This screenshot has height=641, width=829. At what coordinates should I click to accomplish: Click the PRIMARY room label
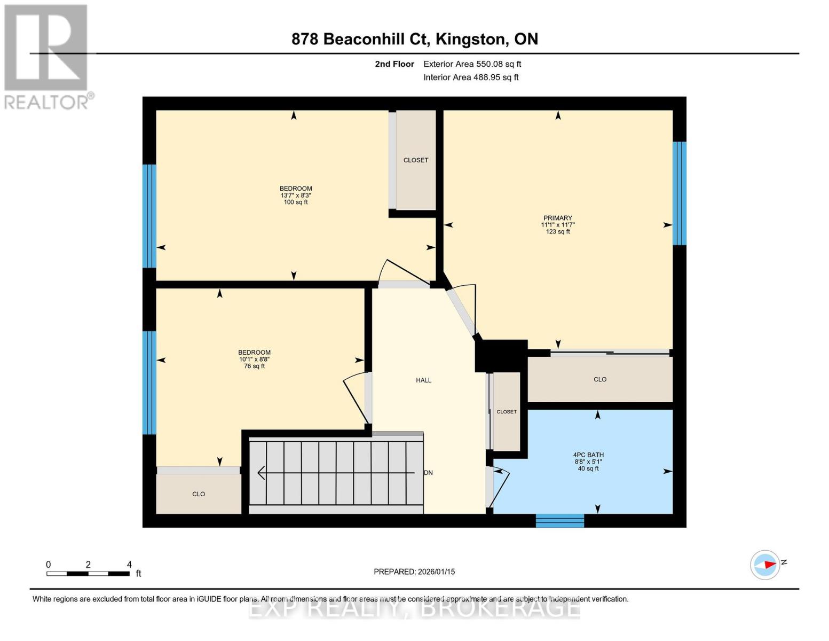[x=557, y=218]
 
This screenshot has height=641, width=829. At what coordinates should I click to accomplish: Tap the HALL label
[x=423, y=380]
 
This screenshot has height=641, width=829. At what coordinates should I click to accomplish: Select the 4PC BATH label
[x=588, y=455]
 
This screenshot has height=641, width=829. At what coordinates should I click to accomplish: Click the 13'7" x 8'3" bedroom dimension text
[x=296, y=195]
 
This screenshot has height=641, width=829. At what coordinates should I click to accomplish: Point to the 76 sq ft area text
[x=254, y=366]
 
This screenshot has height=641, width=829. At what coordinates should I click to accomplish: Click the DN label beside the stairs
[x=429, y=473]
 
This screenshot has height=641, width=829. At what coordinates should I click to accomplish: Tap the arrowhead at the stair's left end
[x=262, y=473]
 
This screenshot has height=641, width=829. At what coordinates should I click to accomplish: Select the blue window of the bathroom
[x=559, y=520]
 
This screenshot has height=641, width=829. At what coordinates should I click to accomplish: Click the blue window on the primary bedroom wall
[x=679, y=193]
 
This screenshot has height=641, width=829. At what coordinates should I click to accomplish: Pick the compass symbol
[x=764, y=565]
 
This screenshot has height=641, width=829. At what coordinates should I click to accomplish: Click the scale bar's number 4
[x=129, y=564]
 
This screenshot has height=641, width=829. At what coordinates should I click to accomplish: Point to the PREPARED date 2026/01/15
[x=437, y=572]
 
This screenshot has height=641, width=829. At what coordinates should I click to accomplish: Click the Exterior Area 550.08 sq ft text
[x=472, y=64]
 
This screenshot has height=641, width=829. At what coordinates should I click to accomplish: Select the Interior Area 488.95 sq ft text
[x=471, y=77]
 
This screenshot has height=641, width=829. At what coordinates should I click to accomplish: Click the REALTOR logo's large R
[x=46, y=48]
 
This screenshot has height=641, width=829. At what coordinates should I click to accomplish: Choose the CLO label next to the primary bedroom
[x=599, y=379]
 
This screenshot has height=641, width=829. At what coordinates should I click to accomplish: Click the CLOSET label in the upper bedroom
[x=416, y=160]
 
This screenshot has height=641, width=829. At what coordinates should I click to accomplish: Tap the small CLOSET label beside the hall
[x=507, y=412]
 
